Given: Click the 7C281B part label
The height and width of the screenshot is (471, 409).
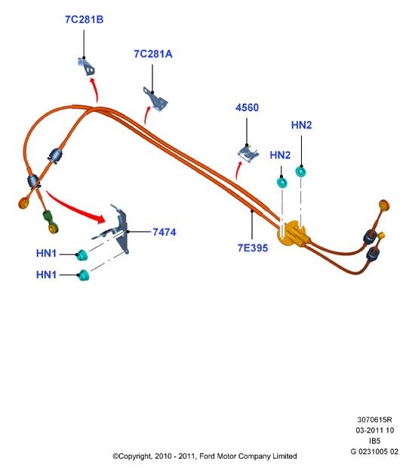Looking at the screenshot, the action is pos(84,20).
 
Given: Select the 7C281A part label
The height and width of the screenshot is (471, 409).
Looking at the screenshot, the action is pos(153,54).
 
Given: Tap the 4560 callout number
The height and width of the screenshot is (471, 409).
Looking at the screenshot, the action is pos(247,107).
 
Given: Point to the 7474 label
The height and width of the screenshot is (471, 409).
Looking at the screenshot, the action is pos(165,232).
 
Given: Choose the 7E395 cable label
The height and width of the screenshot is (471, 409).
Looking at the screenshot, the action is pos(253,248).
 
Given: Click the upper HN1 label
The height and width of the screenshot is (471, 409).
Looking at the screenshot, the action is pos(46,253).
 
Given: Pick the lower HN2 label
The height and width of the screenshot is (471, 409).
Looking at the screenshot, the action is pos(280,155).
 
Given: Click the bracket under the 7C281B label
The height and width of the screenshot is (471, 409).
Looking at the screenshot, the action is pos(87,66).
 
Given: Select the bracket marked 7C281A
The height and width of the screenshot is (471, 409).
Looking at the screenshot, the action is pos(155,98).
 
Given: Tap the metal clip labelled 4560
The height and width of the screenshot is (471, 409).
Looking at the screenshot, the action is pos(248,154).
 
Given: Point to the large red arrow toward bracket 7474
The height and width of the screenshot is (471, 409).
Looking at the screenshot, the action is pos(75,208).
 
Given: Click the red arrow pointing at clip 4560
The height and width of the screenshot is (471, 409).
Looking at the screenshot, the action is pos(238,171).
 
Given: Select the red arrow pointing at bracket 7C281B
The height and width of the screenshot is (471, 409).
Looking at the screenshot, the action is pos(94,91).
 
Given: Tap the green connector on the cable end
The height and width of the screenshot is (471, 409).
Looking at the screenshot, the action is pos(48,217).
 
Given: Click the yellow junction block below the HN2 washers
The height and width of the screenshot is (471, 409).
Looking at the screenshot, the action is pos(293,234).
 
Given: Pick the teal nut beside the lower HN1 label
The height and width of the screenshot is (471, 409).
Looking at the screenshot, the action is pos(84,276).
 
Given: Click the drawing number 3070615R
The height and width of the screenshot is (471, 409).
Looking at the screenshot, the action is pos(374,420).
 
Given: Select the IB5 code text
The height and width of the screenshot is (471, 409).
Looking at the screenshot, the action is pos(374,441).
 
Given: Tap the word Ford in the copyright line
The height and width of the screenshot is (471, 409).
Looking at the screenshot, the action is pos(208,456).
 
